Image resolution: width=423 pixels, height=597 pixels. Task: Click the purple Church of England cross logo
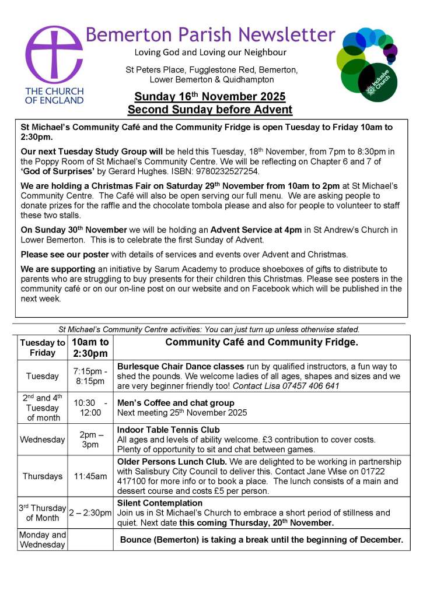(x=54, y=55)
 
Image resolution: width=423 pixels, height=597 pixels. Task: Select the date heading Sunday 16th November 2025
(x=210, y=96)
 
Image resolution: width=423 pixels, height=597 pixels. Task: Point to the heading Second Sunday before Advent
(x=210, y=110)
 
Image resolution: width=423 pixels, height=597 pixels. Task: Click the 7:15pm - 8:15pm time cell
(x=90, y=376)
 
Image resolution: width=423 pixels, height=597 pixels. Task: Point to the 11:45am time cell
(x=90, y=476)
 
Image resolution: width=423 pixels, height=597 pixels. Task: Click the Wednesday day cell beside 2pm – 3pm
(x=42, y=439)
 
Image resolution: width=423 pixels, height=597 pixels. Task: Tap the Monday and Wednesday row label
(x=42, y=540)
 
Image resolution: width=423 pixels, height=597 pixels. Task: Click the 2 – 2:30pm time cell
(x=90, y=513)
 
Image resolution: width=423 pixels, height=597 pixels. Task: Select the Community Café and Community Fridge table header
(x=261, y=342)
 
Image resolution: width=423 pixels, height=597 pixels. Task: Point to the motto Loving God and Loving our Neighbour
(x=211, y=52)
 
